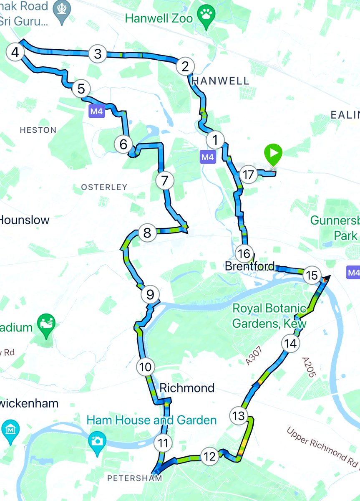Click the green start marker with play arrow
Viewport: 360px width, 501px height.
click(274, 154)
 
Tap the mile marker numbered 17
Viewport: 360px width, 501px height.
click(248, 175)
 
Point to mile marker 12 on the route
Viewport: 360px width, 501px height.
click(209, 456)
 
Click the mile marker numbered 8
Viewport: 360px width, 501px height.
click(147, 233)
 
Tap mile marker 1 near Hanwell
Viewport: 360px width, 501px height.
click(215, 140)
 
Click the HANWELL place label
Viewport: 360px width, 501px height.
click(221, 81)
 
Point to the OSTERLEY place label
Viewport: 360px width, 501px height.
click(104, 187)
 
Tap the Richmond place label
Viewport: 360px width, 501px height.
click(187, 388)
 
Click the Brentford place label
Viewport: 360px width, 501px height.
click(250, 266)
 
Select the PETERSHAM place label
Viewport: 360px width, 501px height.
click(134, 478)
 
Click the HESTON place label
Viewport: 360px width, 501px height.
click(38, 130)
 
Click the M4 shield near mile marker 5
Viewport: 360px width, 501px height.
click(96, 111)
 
